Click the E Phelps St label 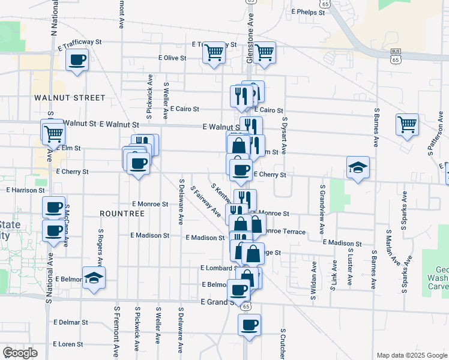(307, 11)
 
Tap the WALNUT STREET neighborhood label (70, 97)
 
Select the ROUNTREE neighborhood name (122, 214)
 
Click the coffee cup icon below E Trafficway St (77, 60)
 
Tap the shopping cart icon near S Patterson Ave (407, 124)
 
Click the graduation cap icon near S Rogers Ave (94, 277)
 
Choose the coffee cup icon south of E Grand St (249, 325)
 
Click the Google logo (20, 353)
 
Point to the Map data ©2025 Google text (411, 355)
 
